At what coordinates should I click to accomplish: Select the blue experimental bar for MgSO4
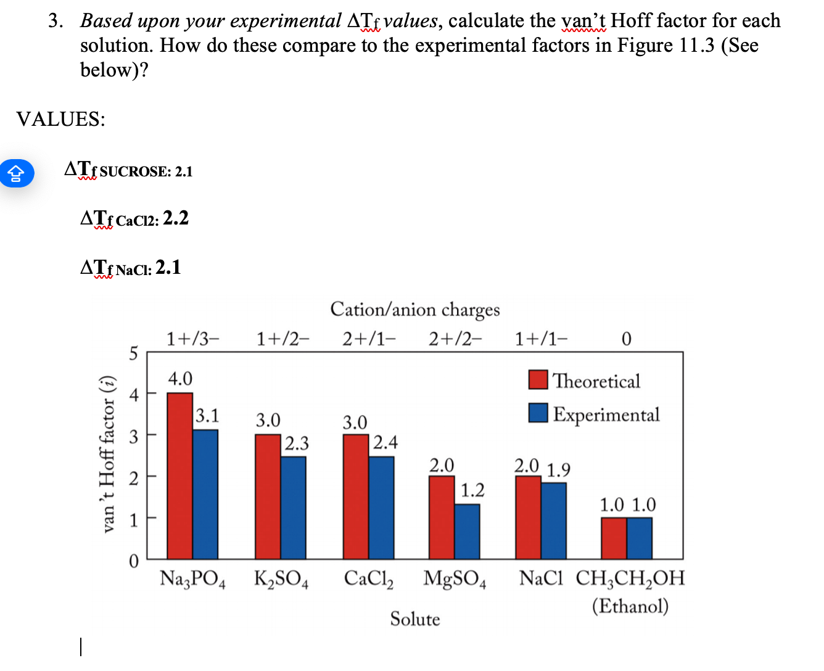[x=467, y=531]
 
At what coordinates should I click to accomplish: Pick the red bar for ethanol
[x=614, y=538]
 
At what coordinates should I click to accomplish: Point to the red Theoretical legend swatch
[x=538, y=380]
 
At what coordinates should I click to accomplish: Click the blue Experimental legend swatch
[x=538, y=413]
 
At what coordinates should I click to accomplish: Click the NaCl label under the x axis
[x=541, y=578]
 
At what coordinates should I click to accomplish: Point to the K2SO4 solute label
[x=281, y=579]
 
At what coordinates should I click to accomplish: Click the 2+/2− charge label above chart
[x=455, y=339]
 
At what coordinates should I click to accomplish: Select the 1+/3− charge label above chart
[x=192, y=339]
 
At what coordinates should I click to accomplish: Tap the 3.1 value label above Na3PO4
[x=207, y=416]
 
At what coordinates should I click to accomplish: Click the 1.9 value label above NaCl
[x=558, y=471]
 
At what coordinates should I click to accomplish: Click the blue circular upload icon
[x=16, y=173]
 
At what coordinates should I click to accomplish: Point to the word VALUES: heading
[x=60, y=119]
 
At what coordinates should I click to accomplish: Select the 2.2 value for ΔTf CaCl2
[x=176, y=218]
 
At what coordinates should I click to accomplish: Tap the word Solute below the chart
[x=414, y=619]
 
